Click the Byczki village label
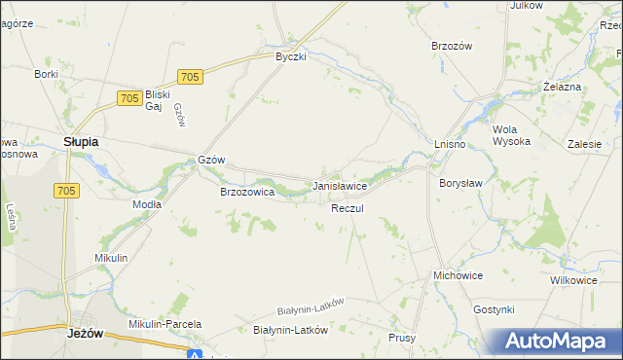[290, 56]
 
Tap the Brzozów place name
[451, 46]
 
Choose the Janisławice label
[339, 185]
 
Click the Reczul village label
[348, 209]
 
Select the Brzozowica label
[247, 193]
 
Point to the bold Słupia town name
[81, 141]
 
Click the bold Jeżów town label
[86, 332]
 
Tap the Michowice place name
[458, 276]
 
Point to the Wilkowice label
[572, 280]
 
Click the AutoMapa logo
[559, 341]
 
